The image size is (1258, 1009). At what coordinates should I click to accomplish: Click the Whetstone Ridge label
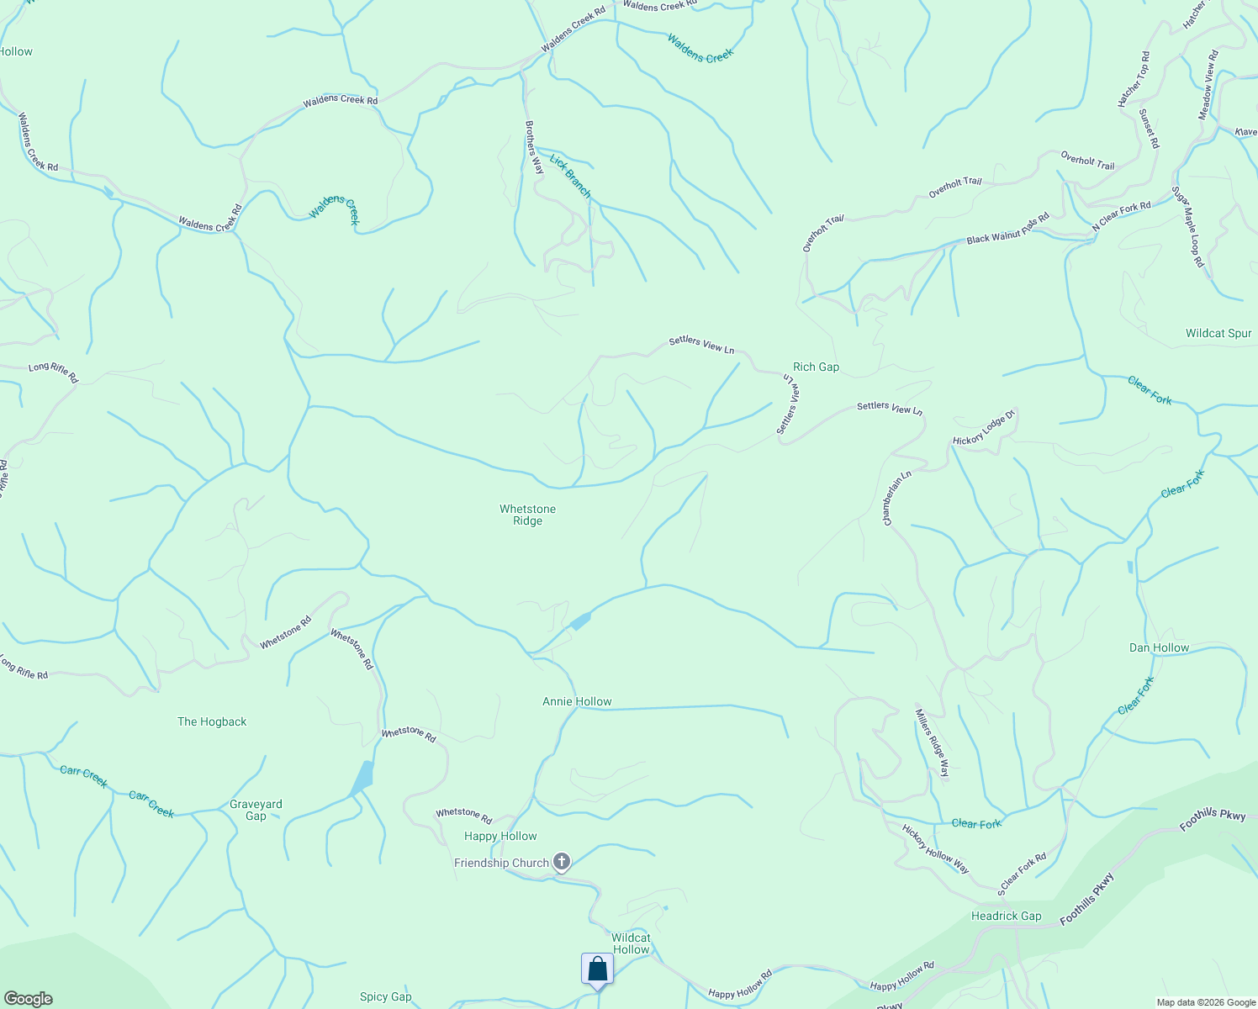(527, 515)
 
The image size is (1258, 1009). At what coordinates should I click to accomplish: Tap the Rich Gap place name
(816, 367)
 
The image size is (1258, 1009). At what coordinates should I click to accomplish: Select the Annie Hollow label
(577, 701)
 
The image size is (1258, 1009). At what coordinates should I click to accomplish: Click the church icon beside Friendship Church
(562, 862)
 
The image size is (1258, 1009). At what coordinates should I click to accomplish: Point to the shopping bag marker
(597, 969)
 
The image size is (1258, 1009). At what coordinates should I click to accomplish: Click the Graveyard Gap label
(256, 810)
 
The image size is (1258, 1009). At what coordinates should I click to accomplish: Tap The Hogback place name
(212, 721)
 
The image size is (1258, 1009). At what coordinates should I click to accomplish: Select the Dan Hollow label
(1159, 647)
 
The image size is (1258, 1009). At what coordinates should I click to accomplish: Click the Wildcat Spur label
(1218, 333)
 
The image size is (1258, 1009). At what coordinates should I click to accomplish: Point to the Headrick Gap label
(1006, 916)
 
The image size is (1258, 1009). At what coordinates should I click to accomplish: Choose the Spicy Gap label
(385, 996)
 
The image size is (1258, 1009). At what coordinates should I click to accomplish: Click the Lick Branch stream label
(571, 175)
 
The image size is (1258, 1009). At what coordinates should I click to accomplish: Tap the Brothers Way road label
(535, 147)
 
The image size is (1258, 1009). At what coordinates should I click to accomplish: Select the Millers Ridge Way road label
(932, 742)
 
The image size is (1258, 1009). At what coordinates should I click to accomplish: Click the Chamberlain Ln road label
(896, 499)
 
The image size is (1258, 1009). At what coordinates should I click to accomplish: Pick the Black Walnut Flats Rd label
(1007, 229)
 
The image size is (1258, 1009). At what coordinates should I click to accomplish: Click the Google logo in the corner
(28, 998)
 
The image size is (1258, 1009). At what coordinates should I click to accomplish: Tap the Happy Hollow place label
(500, 836)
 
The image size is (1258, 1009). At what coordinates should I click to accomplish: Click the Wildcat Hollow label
(631, 943)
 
